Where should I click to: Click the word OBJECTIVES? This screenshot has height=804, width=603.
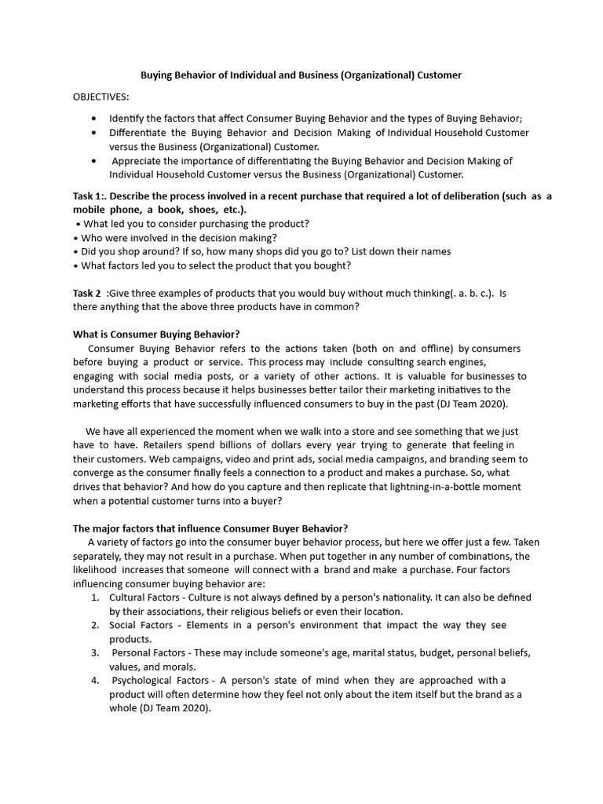coord(101,97)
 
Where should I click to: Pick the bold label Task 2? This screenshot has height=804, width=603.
coord(87,293)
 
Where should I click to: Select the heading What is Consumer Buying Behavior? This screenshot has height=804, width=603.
coord(156,334)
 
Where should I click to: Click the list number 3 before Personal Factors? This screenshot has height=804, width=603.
coord(94,652)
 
